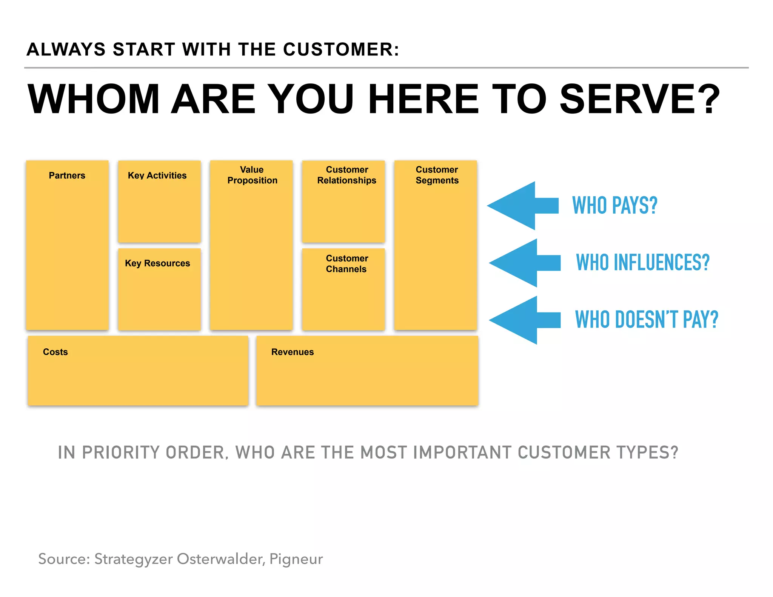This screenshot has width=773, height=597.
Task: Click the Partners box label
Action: point(67,175)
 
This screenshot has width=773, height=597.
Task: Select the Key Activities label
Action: point(157,175)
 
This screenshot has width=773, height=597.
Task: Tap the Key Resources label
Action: point(157,263)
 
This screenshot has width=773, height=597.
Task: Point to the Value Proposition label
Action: point(252,175)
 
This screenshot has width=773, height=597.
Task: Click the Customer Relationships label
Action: point(346,175)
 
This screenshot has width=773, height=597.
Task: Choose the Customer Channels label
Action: point(346,264)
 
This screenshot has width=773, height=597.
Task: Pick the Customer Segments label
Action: point(437,175)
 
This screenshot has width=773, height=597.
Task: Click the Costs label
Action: point(55,352)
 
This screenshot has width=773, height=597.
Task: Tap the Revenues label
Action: point(293,352)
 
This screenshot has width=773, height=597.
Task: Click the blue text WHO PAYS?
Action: point(614,206)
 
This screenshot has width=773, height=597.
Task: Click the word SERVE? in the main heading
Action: point(640,99)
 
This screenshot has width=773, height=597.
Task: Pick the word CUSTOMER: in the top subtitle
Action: point(341,50)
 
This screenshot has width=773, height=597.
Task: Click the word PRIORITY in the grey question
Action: point(121,452)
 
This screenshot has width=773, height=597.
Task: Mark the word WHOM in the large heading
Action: point(94,99)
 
